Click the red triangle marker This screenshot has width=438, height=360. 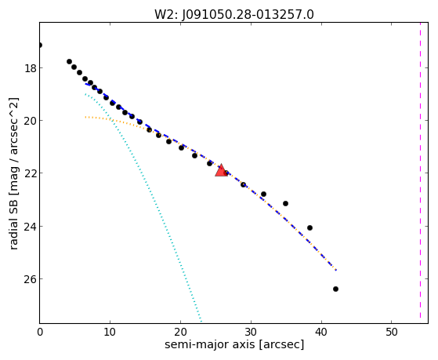pyautogui.click(x=221, y=171)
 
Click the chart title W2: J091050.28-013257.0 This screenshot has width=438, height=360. pyautogui.click(x=234, y=14)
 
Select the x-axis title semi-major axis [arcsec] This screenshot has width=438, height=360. pyautogui.click(x=234, y=344)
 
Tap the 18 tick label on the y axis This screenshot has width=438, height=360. pyautogui.click(x=30, y=68)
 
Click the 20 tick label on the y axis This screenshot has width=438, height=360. pyautogui.click(x=30, y=121)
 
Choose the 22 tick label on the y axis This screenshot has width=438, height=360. pyautogui.click(x=30, y=173)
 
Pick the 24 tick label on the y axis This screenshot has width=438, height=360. pyautogui.click(x=30, y=226)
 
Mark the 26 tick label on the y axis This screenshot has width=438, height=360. pyautogui.click(x=30, y=279)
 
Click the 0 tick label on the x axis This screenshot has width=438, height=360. pyautogui.click(x=40, y=332)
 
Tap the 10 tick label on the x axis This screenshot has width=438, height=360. pyautogui.click(x=110, y=332)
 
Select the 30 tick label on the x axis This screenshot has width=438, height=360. pyautogui.click(x=251, y=332)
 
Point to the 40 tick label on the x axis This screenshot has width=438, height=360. pyautogui.click(x=321, y=332)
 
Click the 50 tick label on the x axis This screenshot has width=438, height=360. pyautogui.click(x=392, y=332)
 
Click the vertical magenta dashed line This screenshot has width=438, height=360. pyautogui.click(x=420, y=171)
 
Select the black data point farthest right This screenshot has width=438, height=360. pyautogui.click(x=336, y=289)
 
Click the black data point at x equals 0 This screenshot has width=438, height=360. pyautogui.click(x=40, y=45)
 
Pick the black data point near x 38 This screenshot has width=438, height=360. pyautogui.click(x=309, y=228)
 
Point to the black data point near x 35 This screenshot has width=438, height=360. pyautogui.click(x=285, y=203)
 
